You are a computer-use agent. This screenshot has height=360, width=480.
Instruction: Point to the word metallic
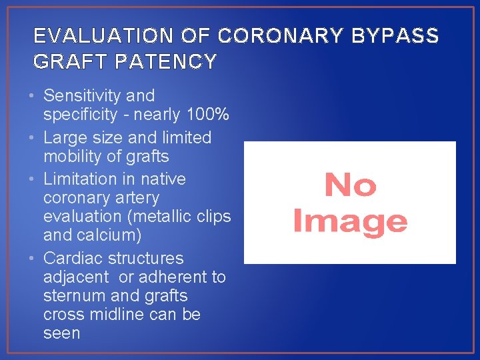point(165,217)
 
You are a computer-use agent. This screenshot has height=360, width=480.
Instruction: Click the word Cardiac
point(71,258)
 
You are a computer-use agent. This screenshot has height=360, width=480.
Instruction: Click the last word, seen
point(61,333)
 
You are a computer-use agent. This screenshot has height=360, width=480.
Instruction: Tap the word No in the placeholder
point(350,185)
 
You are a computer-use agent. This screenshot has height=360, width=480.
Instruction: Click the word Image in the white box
point(350,221)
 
